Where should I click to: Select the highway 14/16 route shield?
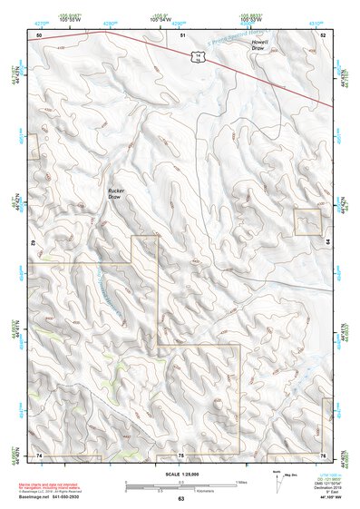[x=195, y=56]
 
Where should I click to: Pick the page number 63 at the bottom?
[x=180, y=499]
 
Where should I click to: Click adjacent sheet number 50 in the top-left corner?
[x=39, y=34]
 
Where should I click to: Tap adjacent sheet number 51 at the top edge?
[x=181, y=34]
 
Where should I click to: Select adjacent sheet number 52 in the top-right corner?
[x=323, y=34]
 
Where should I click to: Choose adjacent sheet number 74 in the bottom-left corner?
[x=39, y=454]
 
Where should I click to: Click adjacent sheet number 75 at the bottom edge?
[x=181, y=454]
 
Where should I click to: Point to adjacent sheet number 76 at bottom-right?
[x=323, y=454]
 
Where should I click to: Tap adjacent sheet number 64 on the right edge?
[x=326, y=243]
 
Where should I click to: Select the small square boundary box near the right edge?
[x=308, y=221]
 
